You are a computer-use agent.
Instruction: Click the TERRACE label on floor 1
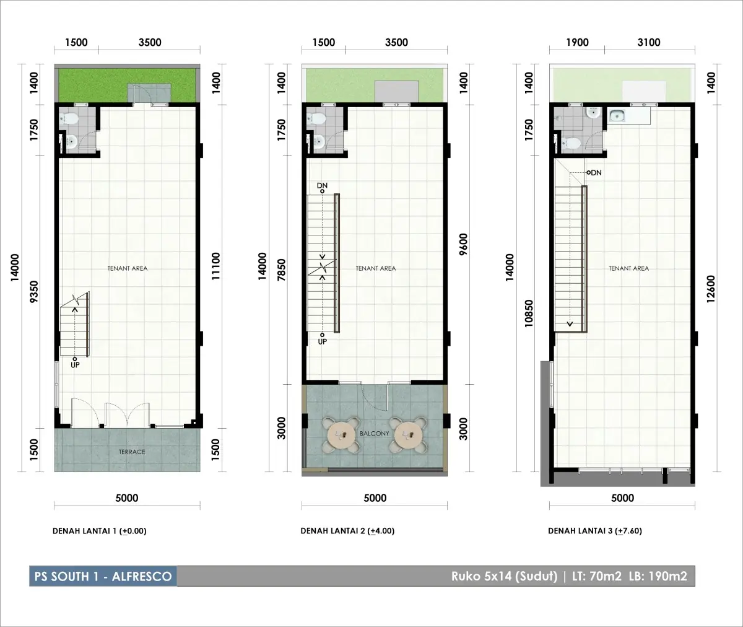(x=132, y=452)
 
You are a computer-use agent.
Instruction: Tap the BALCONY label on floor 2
(x=375, y=433)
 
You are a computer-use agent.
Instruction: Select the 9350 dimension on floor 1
(x=34, y=292)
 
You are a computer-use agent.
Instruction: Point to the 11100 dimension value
(x=215, y=266)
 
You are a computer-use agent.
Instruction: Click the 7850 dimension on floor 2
(x=281, y=270)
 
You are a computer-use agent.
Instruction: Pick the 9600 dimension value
(x=463, y=244)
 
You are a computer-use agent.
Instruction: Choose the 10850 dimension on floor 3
(x=529, y=313)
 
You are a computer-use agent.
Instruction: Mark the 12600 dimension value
(x=711, y=289)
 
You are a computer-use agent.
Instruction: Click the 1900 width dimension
(x=577, y=42)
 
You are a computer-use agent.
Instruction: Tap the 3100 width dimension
(x=649, y=42)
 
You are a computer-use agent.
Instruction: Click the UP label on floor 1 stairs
(x=75, y=365)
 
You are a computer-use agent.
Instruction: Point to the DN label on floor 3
(x=596, y=173)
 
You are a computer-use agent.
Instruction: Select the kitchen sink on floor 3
(x=617, y=116)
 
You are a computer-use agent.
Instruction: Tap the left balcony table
(x=341, y=436)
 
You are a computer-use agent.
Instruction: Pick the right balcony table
(x=407, y=436)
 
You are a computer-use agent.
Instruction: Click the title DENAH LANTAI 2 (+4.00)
(x=347, y=531)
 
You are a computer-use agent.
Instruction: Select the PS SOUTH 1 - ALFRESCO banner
(x=103, y=576)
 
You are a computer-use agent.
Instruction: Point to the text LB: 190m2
(x=658, y=576)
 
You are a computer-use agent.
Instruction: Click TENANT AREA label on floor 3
(x=629, y=268)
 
